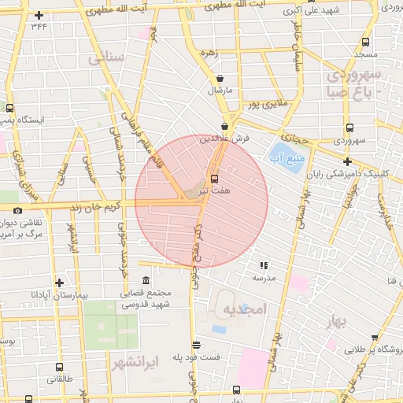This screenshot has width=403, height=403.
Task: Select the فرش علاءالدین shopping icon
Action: click(225, 126)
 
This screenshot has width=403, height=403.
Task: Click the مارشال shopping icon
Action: click(219, 79)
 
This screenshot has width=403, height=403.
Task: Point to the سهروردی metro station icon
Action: click(349, 129)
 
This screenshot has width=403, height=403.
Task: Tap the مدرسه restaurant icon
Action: click(263, 265)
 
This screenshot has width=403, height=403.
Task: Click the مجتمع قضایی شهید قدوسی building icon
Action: click(146, 281)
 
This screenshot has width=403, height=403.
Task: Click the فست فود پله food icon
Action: click(196, 344)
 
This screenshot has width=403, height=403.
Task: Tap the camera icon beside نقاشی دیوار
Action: click(17, 210)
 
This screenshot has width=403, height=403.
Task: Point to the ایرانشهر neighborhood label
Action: click(136, 362)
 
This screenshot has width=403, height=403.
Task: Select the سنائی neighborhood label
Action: click(106, 58)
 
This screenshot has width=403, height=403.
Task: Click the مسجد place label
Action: click(365, 54)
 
